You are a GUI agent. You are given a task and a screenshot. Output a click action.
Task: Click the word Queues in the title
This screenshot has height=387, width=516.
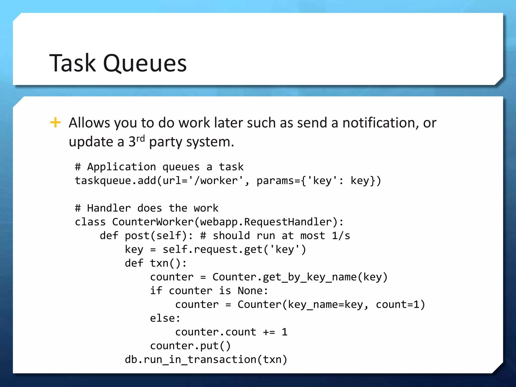click(x=145, y=63)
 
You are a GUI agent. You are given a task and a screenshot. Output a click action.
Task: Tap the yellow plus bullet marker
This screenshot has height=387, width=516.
click(x=55, y=123)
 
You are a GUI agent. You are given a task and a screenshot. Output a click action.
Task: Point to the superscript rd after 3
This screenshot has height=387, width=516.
click(x=141, y=138)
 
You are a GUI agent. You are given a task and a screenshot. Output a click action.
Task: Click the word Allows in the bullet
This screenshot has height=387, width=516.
click(x=89, y=123)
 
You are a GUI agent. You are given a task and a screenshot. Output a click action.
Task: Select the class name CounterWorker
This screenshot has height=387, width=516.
click(x=153, y=222)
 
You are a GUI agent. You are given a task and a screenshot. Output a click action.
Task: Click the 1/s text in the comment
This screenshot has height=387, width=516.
click(x=341, y=236)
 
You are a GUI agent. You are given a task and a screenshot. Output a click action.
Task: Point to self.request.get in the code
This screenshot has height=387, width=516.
click(x=213, y=249)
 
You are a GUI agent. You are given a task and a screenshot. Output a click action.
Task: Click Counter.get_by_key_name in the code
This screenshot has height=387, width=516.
click(x=284, y=277)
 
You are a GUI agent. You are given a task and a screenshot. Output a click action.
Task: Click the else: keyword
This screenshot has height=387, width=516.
click(x=165, y=318)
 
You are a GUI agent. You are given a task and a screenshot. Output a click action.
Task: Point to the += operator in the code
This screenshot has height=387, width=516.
click(x=269, y=332)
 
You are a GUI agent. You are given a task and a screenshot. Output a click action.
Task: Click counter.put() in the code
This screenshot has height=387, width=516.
click(x=190, y=346)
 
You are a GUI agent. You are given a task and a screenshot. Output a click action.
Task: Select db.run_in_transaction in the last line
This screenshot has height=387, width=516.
click(x=190, y=360)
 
